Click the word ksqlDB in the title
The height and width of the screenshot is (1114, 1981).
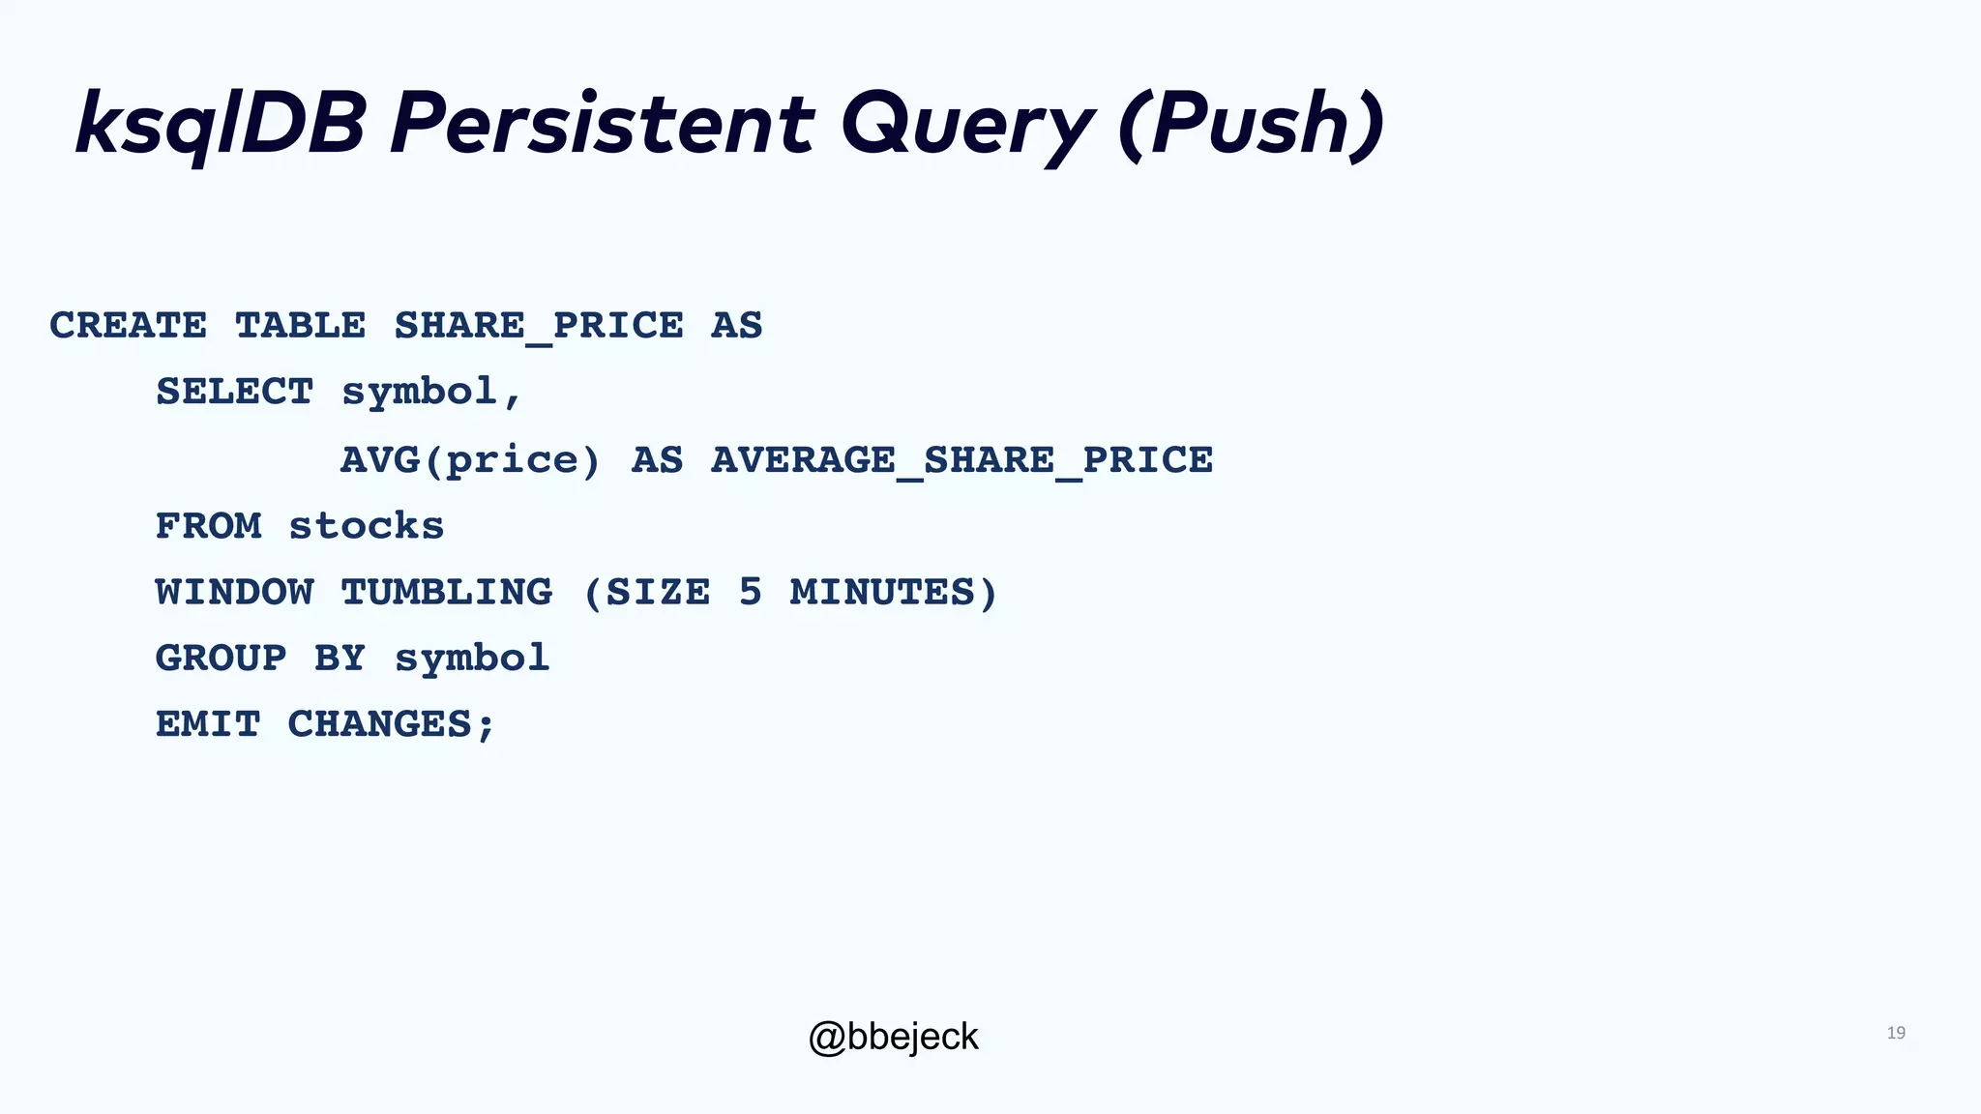[x=221, y=124]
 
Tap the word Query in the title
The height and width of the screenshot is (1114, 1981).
[x=967, y=124]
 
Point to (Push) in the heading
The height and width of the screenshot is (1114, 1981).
[x=1251, y=124]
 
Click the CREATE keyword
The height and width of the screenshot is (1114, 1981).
[x=128, y=326]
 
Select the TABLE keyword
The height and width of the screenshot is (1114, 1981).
[x=300, y=326]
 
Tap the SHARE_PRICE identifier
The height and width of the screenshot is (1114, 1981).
[x=538, y=326]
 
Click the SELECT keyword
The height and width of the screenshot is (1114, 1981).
[x=234, y=393]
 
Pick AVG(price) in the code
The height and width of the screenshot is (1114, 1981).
[x=470, y=460]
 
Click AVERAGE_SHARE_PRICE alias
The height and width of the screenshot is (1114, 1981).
[x=961, y=460]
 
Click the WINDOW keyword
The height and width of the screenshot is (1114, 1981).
[x=234, y=593]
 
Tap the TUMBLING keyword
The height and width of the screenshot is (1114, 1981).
[x=446, y=593]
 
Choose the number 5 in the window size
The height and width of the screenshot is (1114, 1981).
[x=751, y=593]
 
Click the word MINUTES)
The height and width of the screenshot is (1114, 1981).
[x=893, y=593]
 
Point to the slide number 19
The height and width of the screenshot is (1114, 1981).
[x=1896, y=1034]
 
